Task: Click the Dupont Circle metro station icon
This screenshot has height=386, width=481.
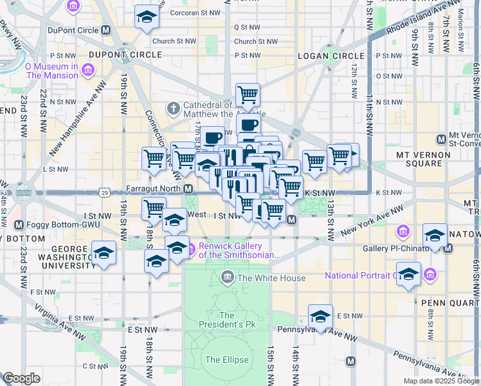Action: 106,30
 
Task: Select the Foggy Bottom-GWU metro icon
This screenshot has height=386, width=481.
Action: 19,225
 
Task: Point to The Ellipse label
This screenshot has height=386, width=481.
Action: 227,360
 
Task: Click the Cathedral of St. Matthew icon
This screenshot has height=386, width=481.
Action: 173,109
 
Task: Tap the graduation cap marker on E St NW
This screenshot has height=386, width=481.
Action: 320,315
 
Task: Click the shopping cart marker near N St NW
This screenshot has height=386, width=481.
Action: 248,95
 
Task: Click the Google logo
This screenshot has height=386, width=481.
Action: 21,378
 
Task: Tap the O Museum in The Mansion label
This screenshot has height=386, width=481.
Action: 60,71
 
